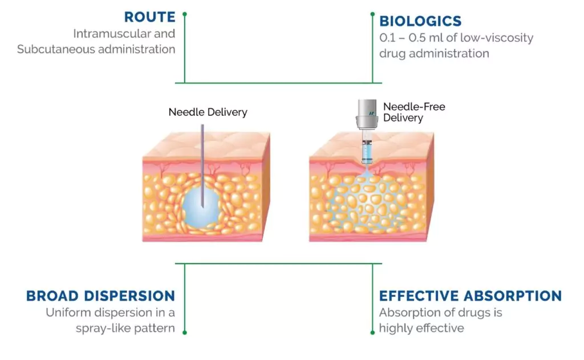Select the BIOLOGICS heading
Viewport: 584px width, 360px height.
click(420, 21)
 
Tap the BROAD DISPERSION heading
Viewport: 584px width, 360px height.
click(100, 296)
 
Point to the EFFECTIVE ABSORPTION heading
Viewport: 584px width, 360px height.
click(471, 296)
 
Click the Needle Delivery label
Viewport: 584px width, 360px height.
click(208, 112)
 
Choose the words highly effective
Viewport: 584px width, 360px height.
click(421, 328)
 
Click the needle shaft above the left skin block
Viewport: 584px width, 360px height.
click(203, 137)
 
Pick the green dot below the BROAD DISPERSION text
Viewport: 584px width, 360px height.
click(184, 331)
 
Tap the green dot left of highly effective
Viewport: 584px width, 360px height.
click(372, 331)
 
